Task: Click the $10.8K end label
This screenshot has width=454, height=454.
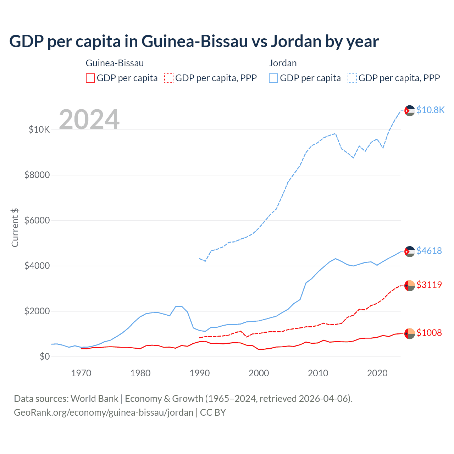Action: [x=430, y=110]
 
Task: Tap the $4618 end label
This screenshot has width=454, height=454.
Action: [x=429, y=251]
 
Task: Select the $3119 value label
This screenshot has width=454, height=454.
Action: [x=429, y=285]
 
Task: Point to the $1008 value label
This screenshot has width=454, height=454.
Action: [x=429, y=333]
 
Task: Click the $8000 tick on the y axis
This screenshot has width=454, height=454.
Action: [x=37, y=175]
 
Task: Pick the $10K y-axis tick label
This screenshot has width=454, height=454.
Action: [x=39, y=130]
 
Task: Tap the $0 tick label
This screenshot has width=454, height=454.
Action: [x=44, y=357]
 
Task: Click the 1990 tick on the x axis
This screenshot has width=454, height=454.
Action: [x=200, y=373]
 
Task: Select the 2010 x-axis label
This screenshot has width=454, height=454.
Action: [x=318, y=373]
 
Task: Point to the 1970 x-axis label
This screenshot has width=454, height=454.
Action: [x=81, y=373]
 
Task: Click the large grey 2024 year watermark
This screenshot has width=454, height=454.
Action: [x=89, y=120]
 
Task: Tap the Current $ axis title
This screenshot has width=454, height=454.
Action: [x=15, y=228]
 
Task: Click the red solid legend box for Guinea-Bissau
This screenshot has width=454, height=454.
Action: [x=90, y=78]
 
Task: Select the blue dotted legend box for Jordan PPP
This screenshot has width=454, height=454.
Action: [x=352, y=78]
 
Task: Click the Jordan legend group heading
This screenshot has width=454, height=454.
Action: [x=283, y=63]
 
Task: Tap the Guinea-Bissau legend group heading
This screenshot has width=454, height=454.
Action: [x=115, y=63]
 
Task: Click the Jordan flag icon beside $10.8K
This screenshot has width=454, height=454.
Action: [x=409, y=111]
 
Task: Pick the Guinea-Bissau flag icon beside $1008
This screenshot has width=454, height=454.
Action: [x=409, y=333]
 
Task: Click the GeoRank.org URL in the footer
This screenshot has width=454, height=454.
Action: [x=104, y=413]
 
